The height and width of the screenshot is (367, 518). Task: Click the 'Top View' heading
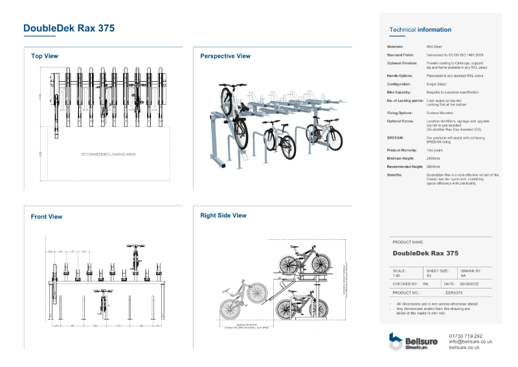(45, 56)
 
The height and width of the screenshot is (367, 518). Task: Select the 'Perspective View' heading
(225, 56)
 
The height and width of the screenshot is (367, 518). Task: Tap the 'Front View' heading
(47, 217)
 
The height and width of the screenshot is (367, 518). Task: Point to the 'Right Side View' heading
(223, 215)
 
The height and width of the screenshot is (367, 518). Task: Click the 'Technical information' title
(420, 29)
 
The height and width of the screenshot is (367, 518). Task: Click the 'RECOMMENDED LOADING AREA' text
(108, 154)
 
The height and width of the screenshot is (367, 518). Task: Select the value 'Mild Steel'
(434, 47)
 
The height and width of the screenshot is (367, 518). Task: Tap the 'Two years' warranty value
(434, 150)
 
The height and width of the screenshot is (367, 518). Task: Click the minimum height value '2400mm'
(433, 158)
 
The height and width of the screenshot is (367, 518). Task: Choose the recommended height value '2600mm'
(433, 167)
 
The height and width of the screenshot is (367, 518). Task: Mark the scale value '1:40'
(396, 276)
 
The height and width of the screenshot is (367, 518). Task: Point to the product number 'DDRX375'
(454, 292)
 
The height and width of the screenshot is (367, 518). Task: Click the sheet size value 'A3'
(427, 276)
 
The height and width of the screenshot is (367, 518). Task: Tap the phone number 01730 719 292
(466, 336)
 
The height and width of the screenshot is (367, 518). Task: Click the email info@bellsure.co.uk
(471, 342)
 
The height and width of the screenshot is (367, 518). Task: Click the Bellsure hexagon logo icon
(396, 341)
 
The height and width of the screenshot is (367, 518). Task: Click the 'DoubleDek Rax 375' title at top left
(69, 29)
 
